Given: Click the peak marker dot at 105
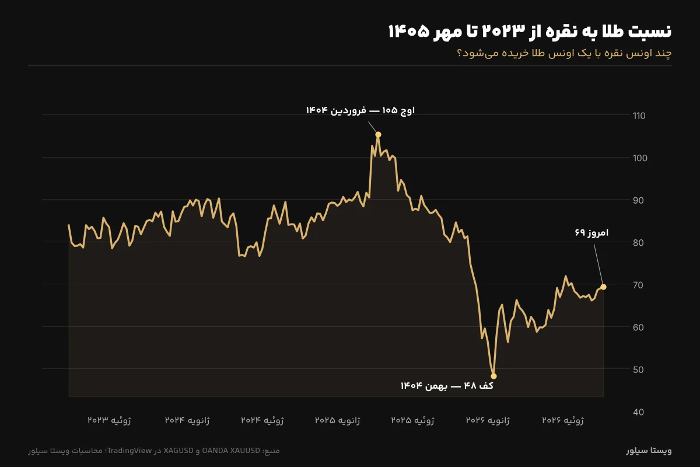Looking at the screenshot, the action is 378,134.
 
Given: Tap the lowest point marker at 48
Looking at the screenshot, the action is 494,376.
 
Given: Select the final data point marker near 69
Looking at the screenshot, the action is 603,287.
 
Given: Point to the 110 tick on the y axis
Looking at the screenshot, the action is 639,116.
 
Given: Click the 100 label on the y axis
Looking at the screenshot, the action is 640,158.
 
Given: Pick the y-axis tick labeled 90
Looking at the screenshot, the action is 638,200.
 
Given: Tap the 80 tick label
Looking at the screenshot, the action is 638,243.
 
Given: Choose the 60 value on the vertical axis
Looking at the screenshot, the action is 638,327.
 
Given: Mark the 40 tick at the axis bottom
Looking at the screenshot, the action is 638,412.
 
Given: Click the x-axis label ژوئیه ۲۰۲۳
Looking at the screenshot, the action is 110,420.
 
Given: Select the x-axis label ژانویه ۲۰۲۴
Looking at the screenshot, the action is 187,420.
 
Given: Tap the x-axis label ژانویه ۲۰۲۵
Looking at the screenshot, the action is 338,420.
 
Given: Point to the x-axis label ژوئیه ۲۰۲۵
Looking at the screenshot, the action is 412,420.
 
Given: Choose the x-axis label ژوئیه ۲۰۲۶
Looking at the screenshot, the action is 563,420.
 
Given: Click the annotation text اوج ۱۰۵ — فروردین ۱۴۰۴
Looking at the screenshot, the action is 360,110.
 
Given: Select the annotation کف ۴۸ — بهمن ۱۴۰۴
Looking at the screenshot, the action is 447,386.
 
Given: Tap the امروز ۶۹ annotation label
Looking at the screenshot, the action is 591,233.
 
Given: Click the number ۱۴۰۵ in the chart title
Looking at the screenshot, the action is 409,32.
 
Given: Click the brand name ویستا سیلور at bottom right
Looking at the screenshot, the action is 649,451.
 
